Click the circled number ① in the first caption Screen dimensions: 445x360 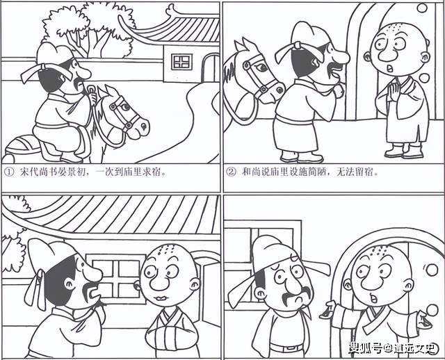9,172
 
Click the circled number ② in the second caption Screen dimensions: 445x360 232,172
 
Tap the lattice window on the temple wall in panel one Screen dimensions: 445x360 182,62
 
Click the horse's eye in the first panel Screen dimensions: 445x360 124,108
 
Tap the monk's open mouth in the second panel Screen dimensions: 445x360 390,68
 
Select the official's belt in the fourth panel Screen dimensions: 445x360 286,347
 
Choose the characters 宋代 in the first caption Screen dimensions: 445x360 29,172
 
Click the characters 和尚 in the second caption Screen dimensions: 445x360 251,172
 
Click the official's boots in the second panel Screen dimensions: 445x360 301,156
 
